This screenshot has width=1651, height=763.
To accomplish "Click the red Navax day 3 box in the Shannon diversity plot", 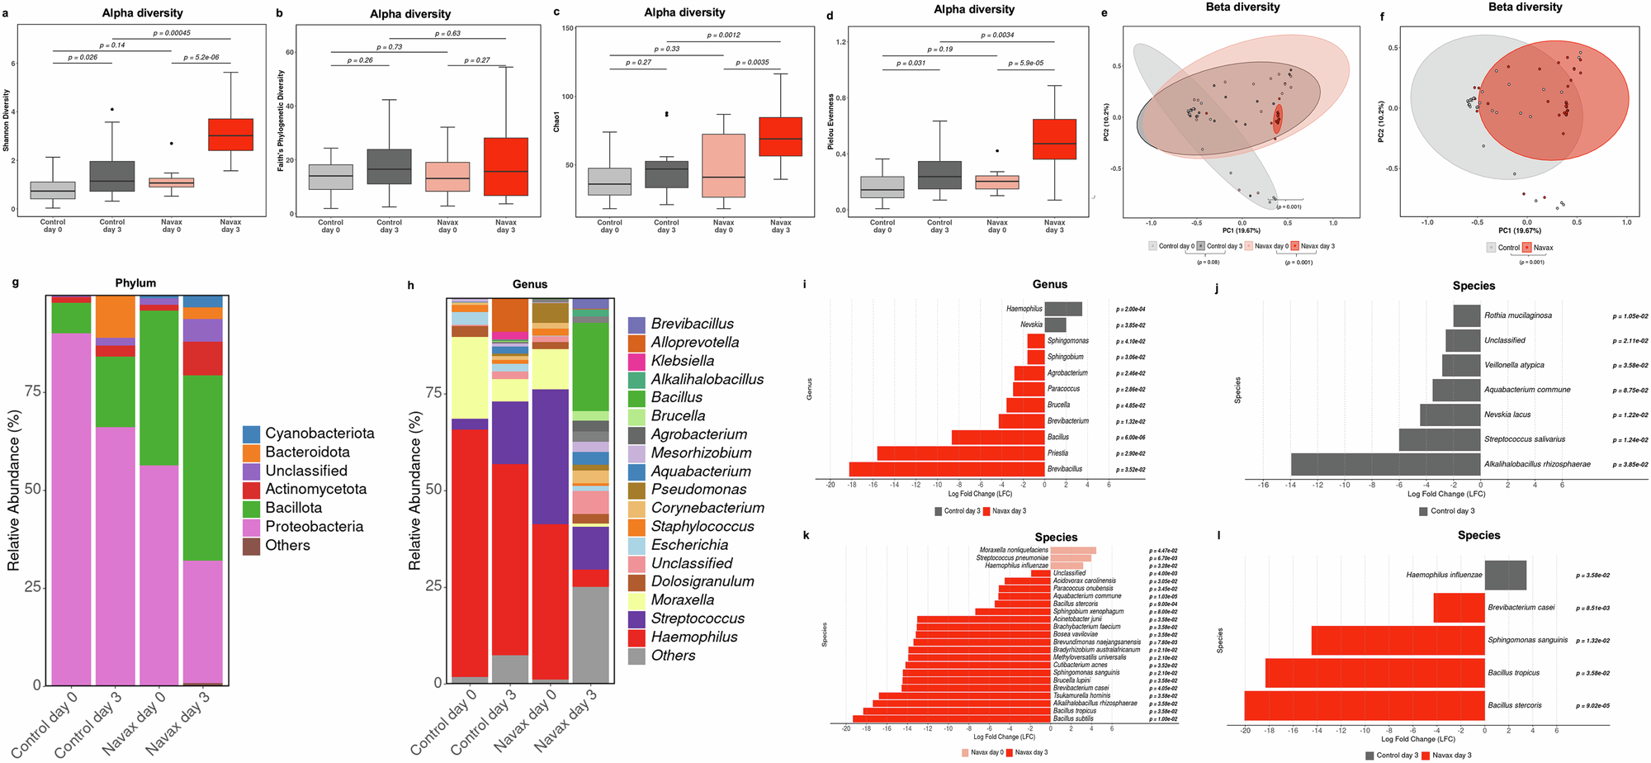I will point(230,134).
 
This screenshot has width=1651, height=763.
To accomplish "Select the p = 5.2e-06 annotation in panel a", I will point(201,57).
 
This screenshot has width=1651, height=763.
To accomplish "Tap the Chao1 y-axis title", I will point(556,122).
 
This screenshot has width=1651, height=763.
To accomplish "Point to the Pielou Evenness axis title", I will point(831,121).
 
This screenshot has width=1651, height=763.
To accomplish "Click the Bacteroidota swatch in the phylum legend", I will point(252,453).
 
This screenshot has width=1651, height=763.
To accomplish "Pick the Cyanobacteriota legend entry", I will point(319,434).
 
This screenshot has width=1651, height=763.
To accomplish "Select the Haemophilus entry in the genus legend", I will point(693,637).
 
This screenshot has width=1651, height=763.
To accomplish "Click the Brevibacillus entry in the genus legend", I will point(692,324).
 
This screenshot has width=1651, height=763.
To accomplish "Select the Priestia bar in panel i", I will point(961,453).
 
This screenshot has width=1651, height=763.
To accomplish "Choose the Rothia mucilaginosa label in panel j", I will point(1517,315).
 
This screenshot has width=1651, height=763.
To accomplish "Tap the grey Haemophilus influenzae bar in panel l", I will point(1505,575).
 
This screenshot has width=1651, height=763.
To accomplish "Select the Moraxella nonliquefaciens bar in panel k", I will point(1073,550).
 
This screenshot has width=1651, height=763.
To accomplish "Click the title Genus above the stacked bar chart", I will point(530,283).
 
